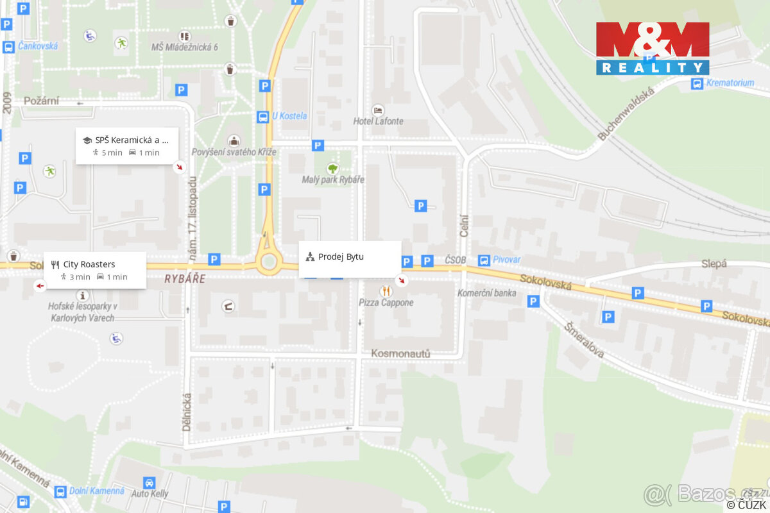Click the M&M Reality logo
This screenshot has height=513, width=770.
click(653, 48)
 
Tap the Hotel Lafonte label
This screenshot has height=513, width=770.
click(379, 121)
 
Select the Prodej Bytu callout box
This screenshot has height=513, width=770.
click(350, 258)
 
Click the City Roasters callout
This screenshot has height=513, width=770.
click(95, 270)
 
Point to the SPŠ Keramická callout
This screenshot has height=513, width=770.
click(126, 146)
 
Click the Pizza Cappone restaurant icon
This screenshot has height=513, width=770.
click(385, 290)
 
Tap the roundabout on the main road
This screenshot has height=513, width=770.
click(268, 261)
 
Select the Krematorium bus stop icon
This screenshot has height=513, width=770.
click(697, 83)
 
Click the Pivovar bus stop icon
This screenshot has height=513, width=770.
click(484, 260)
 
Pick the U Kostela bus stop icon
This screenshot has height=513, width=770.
click(262, 117)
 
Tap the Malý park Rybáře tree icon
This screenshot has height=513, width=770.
click(332, 169)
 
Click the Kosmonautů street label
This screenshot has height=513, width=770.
click(400, 353)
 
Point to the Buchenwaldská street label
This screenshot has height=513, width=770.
click(626, 114)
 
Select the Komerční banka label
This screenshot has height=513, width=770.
click(486, 293)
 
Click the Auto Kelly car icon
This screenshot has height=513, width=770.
click(149, 483)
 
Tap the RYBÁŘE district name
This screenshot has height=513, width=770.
click(185, 278)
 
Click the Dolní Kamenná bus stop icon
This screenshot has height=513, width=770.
click(60, 492)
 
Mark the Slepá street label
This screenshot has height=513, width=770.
click(714, 264)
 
